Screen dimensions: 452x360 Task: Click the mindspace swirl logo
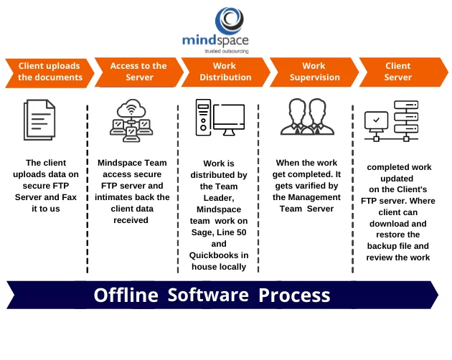tap(230, 21)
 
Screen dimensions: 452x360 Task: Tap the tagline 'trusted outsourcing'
tap(227, 51)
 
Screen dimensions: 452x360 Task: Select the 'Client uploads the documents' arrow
tap(50, 72)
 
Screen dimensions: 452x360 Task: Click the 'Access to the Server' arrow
tap(138, 72)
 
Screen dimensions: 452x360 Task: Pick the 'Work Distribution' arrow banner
tap(225, 72)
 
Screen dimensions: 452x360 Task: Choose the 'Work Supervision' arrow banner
tap(314, 72)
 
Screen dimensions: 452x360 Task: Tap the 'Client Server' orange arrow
tap(403, 72)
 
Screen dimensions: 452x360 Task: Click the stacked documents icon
tap(39, 120)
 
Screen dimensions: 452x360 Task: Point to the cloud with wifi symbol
tap(131, 108)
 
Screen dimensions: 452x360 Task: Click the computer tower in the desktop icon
tap(203, 118)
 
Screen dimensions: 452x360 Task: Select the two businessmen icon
tap(307, 117)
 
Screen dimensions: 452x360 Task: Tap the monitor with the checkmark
tap(376, 120)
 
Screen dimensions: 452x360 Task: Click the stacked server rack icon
tap(406, 117)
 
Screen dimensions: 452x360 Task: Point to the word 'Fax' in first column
tap(70, 197)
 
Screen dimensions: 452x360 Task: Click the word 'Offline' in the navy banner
tap(126, 295)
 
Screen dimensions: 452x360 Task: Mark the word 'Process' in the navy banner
tap(294, 295)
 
